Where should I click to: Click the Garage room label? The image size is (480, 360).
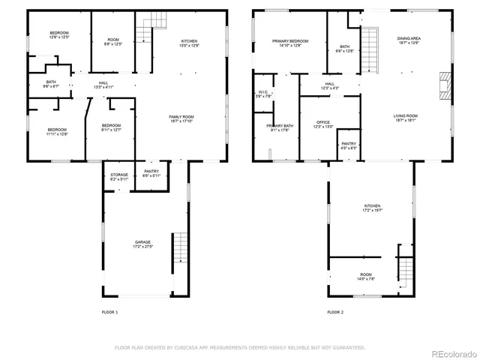pos(142,244)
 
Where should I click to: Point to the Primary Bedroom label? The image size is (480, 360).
pos(289,43)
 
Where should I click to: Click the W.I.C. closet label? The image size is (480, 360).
pos(260,93)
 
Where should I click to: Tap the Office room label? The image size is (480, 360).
pos(323,124)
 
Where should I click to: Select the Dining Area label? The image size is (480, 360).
pos(408,40)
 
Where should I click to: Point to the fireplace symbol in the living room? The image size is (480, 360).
pos(444,85)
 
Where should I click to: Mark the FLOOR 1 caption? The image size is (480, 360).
pos(109,311)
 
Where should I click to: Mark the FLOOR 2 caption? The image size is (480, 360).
pos(334,311)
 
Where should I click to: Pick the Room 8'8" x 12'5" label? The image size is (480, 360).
pos(113,42)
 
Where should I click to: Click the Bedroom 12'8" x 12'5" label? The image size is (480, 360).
pos(59,34)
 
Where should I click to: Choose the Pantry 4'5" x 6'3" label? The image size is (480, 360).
pos(349,145)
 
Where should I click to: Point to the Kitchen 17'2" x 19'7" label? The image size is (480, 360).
pos(372,208)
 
